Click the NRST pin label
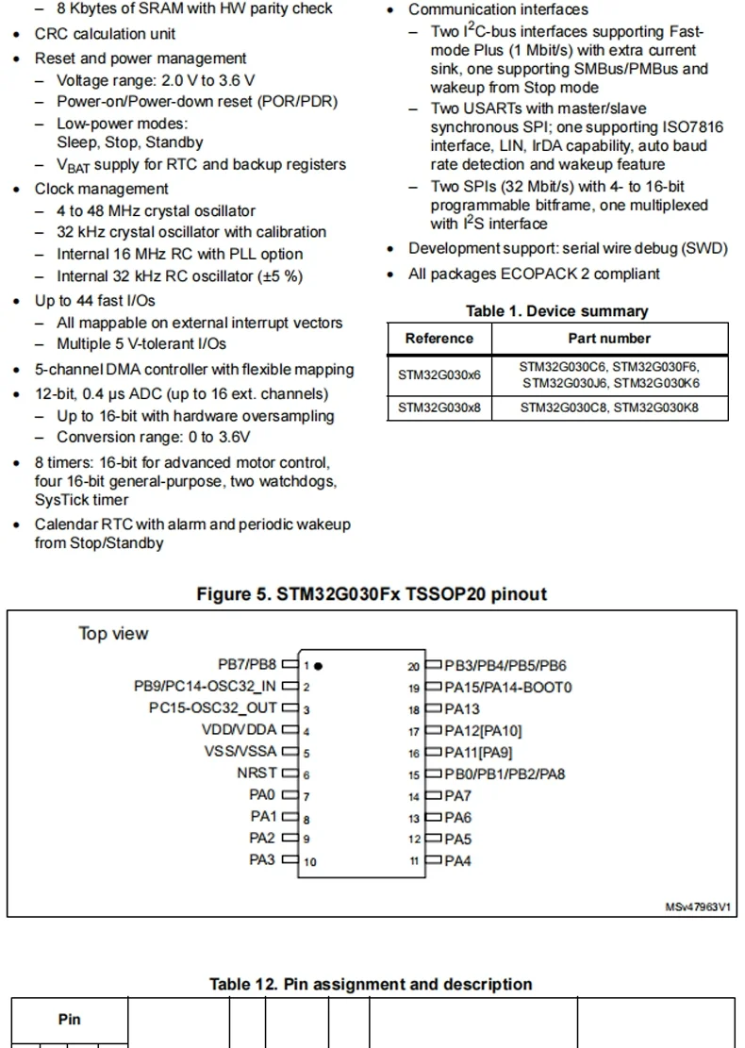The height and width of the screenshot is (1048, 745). tap(256, 774)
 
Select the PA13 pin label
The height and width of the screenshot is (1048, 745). tap(462, 708)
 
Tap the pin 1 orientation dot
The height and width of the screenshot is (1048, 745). tap(319, 665)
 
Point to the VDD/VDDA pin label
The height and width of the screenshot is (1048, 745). tap(239, 729)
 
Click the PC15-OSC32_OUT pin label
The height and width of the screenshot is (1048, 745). tap(213, 707)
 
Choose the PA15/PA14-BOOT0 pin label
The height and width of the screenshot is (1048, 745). tap(508, 687)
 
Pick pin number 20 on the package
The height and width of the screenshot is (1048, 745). tap(414, 666)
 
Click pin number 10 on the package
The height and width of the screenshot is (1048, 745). tap(310, 861)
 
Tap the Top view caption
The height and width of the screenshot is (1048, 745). tap(113, 634)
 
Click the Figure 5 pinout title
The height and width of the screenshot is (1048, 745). tap(372, 594)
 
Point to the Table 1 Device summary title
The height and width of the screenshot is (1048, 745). tap(557, 311)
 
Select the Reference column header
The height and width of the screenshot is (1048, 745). tap(439, 339)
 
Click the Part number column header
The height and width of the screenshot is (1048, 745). tap(609, 339)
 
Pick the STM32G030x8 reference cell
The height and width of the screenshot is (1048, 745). tap(439, 408)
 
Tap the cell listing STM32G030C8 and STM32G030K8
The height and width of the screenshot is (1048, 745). tap(609, 408)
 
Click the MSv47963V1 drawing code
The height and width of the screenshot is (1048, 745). tap(699, 907)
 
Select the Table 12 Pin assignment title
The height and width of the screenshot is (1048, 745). tap(371, 984)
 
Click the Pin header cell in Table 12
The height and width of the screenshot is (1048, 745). tap(70, 1019)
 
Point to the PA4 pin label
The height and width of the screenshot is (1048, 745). tap(458, 860)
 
